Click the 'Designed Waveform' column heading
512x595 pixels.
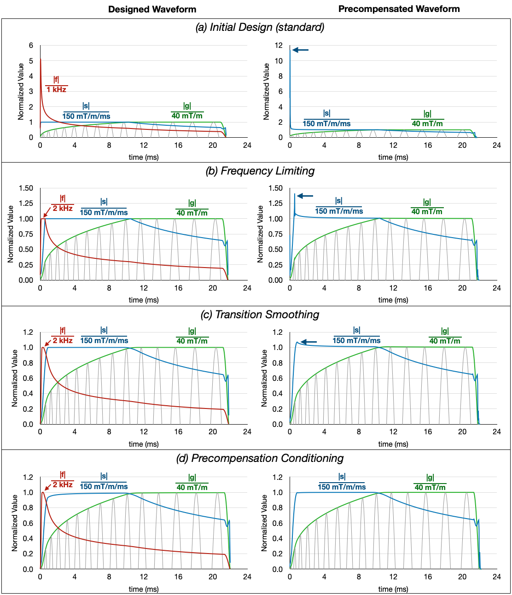tap(152, 9)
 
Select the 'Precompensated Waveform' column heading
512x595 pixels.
tap(399, 9)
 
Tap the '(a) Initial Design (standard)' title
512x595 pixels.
tap(260, 27)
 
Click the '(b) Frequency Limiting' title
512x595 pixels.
tap(260, 171)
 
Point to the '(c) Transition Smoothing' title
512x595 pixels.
tap(260, 315)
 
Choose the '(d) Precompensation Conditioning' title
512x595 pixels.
tap(260, 458)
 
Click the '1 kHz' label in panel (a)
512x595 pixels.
tap(57, 89)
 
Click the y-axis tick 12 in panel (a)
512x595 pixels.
tap(279, 45)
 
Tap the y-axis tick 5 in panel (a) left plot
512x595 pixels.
tap(31, 61)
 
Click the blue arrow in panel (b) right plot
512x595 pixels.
tap(305, 196)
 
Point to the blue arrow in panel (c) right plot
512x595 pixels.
tap(308, 342)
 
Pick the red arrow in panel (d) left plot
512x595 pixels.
tap(48, 487)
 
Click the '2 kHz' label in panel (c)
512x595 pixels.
tap(63, 341)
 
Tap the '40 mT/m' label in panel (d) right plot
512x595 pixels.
tap(430, 487)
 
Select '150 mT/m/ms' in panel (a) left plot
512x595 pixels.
tap(86, 116)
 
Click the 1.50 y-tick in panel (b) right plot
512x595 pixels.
tap(275, 188)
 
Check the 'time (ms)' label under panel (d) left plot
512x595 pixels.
tap(144, 589)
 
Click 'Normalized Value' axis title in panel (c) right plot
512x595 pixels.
tap(264, 378)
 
